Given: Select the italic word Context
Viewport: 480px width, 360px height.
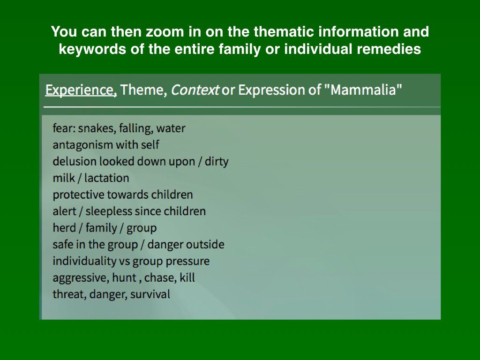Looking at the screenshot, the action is (195, 90).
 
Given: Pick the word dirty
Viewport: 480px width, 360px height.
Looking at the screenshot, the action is (217, 161).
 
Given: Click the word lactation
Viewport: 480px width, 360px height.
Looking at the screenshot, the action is (107, 178).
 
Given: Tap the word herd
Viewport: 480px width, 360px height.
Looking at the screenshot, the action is (64, 228).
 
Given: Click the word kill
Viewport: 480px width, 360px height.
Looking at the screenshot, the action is (187, 277).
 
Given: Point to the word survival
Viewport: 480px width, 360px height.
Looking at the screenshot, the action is (150, 294).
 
